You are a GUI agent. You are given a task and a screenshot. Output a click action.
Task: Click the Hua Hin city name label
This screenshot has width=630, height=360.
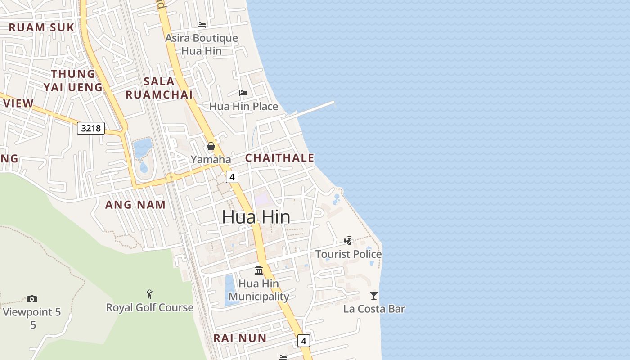click(x=256, y=217)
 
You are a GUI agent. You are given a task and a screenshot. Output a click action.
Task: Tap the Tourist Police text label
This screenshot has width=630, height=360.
click(x=348, y=254)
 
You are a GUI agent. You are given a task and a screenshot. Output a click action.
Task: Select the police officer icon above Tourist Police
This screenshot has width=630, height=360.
click(x=348, y=241)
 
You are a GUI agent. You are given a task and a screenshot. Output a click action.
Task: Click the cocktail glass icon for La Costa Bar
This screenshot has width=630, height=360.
click(x=373, y=296)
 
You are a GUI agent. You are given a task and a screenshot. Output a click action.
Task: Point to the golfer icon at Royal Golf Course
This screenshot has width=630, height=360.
click(x=149, y=295)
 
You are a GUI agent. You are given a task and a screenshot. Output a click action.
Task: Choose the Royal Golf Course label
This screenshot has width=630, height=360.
click(x=149, y=308)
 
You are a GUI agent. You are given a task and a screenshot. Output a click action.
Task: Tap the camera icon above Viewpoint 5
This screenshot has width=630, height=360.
click(x=31, y=299)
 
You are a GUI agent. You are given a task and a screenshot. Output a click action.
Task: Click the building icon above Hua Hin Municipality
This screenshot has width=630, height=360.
click(x=259, y=270)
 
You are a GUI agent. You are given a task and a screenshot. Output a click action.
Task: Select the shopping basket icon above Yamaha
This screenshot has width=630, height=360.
click(x=211, y=146)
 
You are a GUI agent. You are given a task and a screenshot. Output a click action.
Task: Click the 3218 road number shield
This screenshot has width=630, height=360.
click(x=91, y=128)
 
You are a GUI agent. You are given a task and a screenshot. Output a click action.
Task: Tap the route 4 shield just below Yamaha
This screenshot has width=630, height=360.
click(x=232, y=177)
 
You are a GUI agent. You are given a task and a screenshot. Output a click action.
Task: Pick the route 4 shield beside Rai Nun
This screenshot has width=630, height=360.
click(x=304, y=341)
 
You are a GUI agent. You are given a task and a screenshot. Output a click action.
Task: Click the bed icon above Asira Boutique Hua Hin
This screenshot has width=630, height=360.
click(x=202, y=24)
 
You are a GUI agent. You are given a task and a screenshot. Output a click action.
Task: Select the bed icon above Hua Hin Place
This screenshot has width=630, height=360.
click(x=243, y=93)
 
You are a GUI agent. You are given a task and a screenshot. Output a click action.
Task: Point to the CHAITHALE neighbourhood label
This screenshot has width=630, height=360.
click(x=279, y=158)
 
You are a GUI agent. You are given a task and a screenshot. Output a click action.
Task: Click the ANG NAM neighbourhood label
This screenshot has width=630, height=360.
click(x=135, y=205)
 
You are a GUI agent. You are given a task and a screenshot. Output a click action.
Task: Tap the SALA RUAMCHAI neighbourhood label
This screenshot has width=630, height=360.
click(x=159, y=88)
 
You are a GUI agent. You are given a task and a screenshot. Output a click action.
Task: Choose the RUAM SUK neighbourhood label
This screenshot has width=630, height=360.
click(x=41, y=27)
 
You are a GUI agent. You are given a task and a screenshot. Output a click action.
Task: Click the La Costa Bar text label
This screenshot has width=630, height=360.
click(x=374, y=309)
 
